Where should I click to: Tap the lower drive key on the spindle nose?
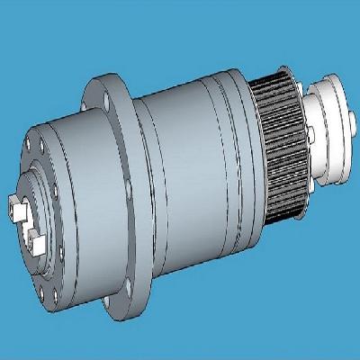coord(36,240)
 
